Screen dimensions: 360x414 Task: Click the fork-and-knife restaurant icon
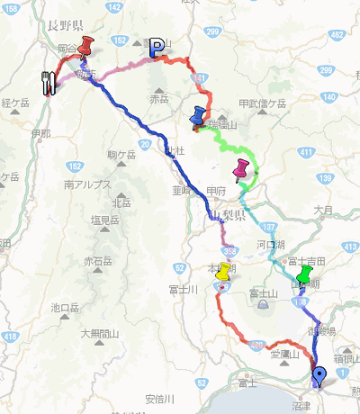coord(49,81)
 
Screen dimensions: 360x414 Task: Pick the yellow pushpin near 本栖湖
coord(223,272)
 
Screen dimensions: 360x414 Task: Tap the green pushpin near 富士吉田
coord(305,274)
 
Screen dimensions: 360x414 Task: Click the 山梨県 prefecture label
coord(227,218)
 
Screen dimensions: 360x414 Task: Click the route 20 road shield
coord(145,143)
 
